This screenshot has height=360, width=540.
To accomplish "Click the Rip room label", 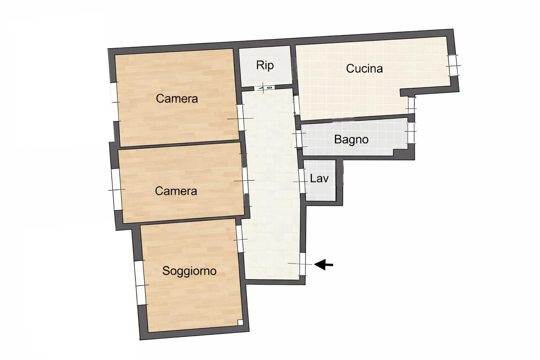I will tap(265, 65).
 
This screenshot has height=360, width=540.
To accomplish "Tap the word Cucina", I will tap(364, 68).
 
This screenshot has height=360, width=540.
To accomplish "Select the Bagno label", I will tap(351, 139).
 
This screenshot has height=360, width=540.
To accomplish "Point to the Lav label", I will tap(319, 178).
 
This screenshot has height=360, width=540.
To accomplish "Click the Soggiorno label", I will tap(189, 271).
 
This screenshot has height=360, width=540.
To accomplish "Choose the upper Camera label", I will tap(176, 98).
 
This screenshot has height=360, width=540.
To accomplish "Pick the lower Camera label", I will tap(176, 191).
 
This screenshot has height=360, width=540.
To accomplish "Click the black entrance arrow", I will tap(323, 264).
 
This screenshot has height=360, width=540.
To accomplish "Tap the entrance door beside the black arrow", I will tap(303, 264).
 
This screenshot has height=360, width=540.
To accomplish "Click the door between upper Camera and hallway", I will tap(241, 118).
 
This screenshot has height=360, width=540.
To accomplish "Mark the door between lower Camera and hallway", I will tap(245, 181).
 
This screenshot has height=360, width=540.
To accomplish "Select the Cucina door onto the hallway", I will tap(296, 105).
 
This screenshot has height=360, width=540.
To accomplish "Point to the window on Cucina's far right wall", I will tap(454, 65).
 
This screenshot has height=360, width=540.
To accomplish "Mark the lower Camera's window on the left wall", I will tap(116, 189).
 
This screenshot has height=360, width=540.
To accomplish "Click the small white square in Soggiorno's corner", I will tap(240, 322).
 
